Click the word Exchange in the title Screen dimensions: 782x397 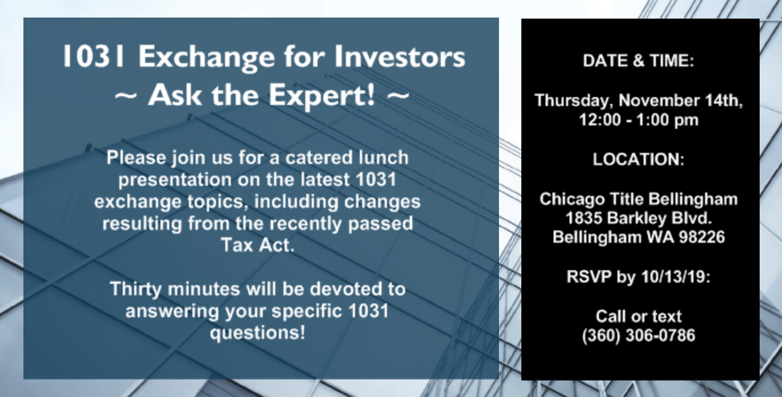pyautogui.click(x=206, y=58)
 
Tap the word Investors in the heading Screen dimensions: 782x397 pyautogui.click(x=400, y=56)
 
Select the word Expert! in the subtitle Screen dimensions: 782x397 pyautogui.click(x=321, y=96)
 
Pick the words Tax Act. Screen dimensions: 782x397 pyautogui.click(x=257, y=245)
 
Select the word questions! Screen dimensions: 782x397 pyautogui.click(x=257, y=333)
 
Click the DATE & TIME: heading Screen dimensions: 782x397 pyautogui.click(x=638, y=61)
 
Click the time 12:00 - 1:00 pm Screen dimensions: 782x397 pyautogui.click(x=639, y=120)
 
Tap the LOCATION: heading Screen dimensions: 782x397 pyautogui.click(x=638, y=159)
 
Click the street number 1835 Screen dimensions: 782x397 pyautogui.click(x=584, y=218)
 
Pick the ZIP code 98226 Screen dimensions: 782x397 pyautogui.click(x=702, y=237)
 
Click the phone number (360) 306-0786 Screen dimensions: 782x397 pyautogui.click(x=638, y=335)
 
